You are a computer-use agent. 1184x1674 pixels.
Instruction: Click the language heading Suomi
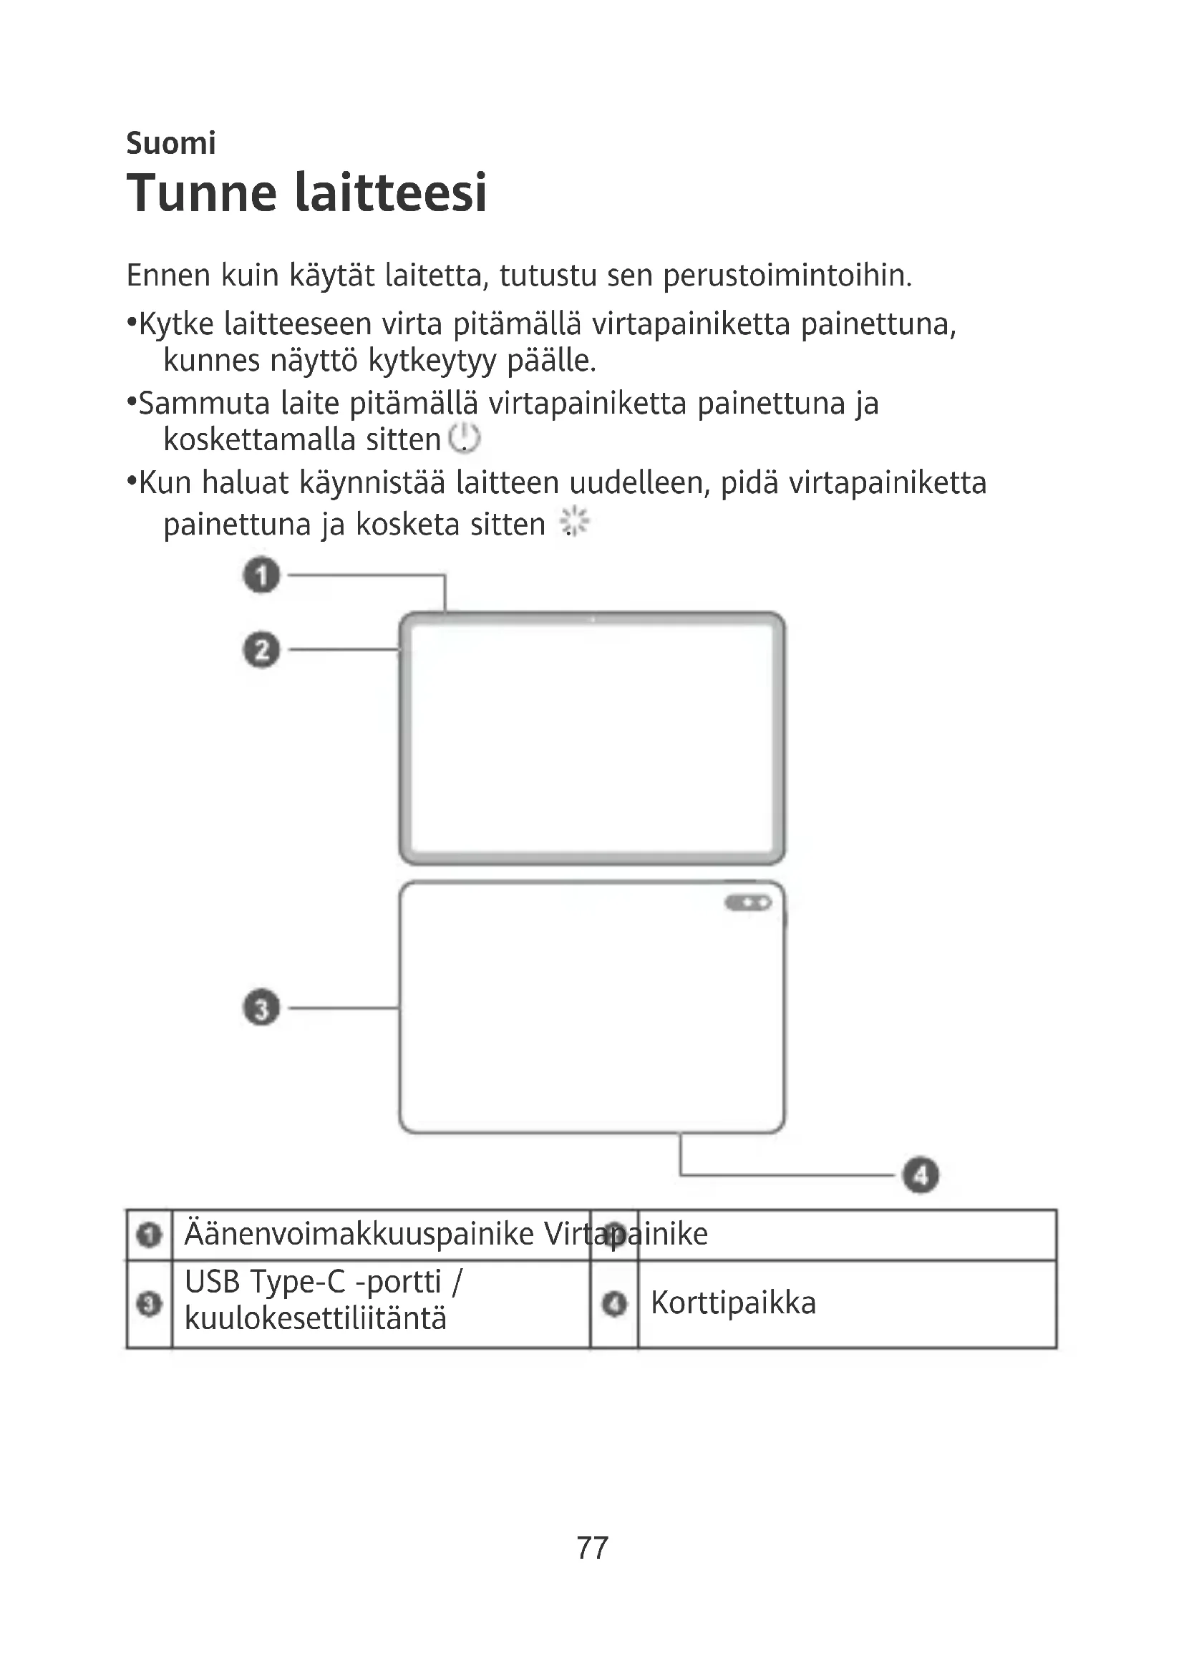point(170,143)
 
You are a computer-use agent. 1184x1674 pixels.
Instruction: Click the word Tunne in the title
point(202,193)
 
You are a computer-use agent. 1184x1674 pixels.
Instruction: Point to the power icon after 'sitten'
point(465,438)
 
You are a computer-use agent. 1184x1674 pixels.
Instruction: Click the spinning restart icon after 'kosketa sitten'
point(575,522)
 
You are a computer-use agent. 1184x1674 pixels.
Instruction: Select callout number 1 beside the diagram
point(261,575)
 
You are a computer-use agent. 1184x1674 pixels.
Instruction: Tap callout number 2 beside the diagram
point(261,650)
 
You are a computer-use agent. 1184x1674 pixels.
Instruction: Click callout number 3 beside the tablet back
point(261,1008)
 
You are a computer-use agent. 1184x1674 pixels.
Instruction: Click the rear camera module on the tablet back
point(748,903)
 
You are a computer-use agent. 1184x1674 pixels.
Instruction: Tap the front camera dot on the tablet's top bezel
point(593,620)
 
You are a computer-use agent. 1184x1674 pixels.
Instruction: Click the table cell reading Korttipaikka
point(733,1303)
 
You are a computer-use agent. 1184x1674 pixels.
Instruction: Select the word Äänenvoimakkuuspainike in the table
point(359,1235)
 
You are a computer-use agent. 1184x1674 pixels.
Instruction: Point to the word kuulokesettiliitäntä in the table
point(315,1318)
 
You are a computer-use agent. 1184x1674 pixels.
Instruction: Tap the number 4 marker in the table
point(615,1303)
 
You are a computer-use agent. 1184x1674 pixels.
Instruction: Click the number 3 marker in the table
point(150,1303)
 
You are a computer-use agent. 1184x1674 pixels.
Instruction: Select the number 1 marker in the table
point(150,1235)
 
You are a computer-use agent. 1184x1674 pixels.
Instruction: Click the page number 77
point(592,1548)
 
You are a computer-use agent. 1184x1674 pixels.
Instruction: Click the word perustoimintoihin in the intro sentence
point(787,276)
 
